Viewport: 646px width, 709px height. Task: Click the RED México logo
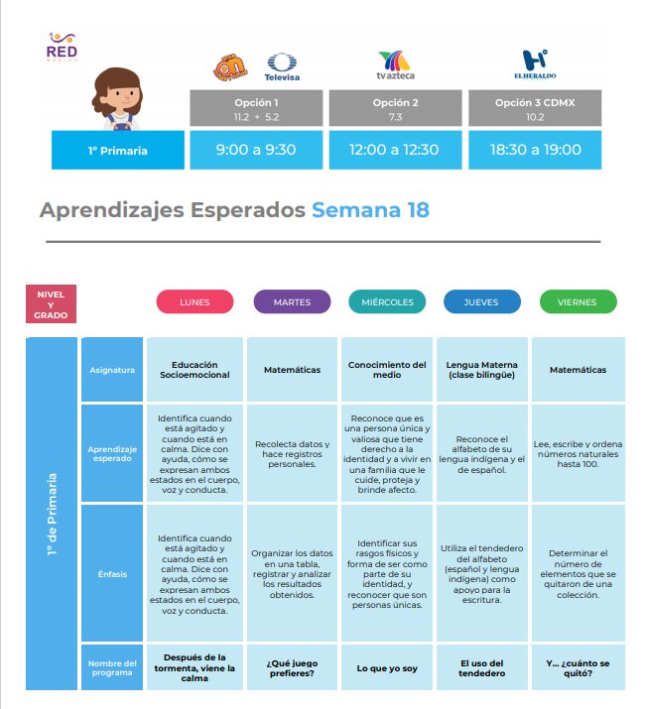62,47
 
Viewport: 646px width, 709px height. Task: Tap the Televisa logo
282,66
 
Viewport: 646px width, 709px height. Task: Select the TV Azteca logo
395,65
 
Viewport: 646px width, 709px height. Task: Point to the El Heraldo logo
535,64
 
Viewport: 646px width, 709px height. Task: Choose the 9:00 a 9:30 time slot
256,150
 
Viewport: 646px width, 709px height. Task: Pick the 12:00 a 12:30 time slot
395,150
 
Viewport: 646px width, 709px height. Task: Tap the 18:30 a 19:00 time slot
535,150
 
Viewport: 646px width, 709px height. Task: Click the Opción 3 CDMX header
535,108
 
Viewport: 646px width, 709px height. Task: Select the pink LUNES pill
194,302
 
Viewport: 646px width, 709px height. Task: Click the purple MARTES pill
292,302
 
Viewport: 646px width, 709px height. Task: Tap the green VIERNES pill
579,302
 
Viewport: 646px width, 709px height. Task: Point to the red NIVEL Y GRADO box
52,303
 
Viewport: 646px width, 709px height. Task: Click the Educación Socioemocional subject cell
194,370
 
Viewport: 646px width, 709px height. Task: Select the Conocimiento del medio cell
387,370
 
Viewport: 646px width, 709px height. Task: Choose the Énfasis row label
112,574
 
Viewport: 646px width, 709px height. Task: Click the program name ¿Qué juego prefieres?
292,668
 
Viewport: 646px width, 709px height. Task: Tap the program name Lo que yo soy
387,668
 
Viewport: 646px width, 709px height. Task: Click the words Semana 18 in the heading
370,210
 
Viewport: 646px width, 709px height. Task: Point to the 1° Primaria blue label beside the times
118,150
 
